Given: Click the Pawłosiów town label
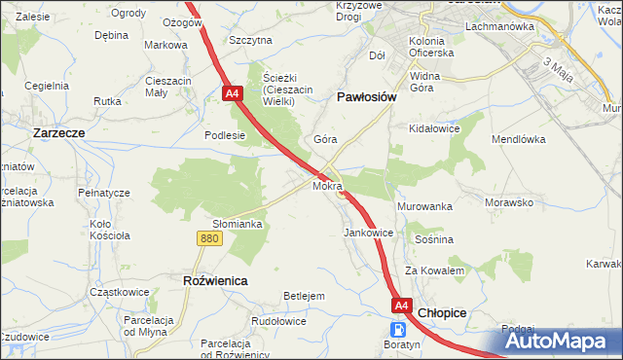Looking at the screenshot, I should click(x=366, y=97).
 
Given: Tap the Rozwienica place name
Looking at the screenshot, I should click(x=215, y=280).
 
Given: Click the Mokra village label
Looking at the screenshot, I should click(x=327, y=184).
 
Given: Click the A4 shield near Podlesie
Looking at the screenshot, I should click(x=232, y=94).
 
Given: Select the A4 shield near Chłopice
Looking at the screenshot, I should click(x=401, y=306).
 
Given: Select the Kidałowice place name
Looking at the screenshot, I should click(x=434, y=128).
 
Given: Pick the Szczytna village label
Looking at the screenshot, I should click(x=250, y=40).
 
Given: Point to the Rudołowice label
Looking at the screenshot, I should click(x=279, y=321).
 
